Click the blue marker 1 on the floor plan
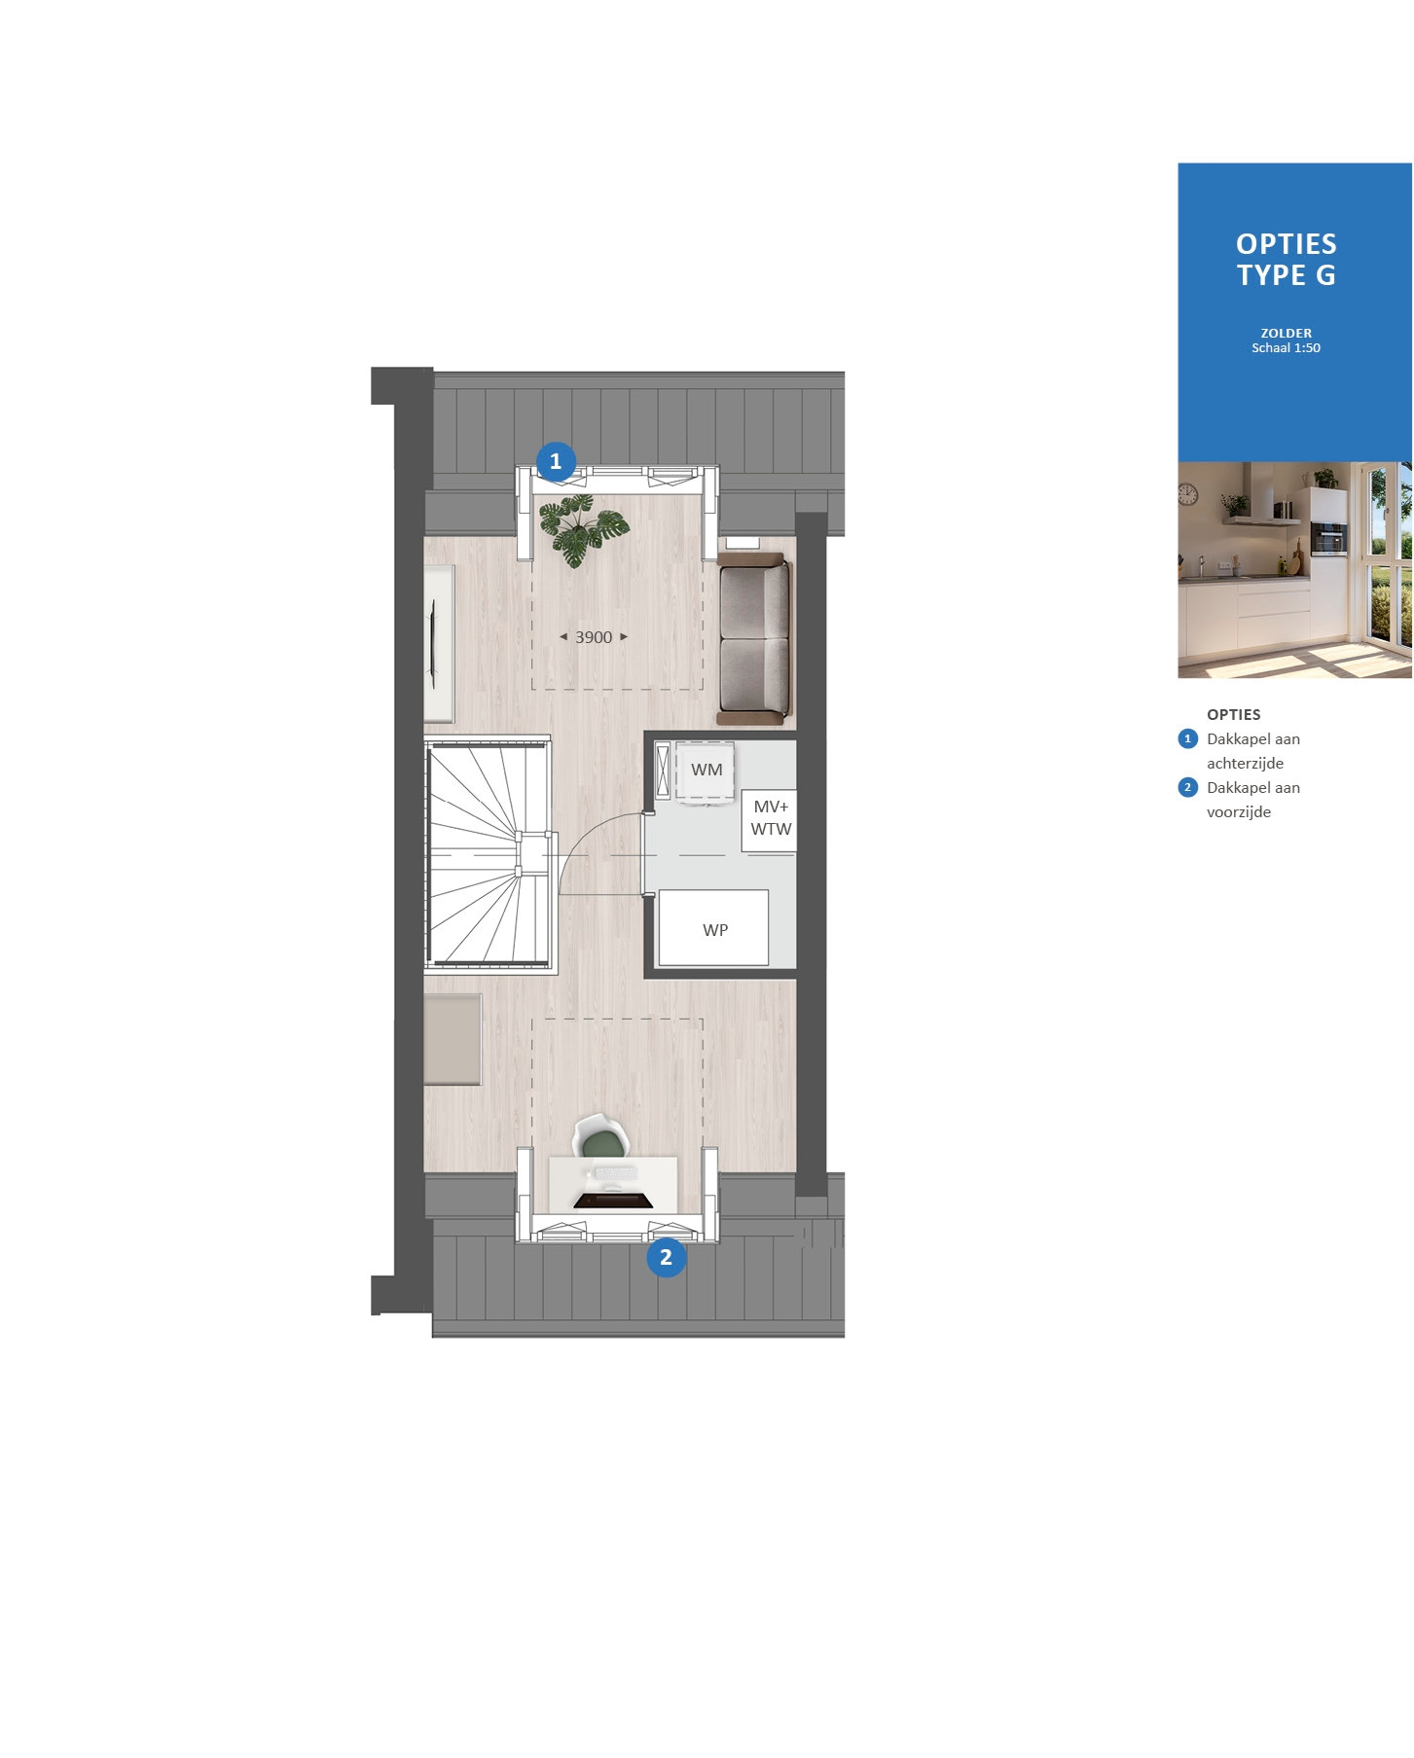point(556,461)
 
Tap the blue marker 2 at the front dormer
point(667,1257)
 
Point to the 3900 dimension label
point(594,637)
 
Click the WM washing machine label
point(707,770)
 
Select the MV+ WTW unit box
point(769,820)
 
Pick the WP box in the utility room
point(713,927)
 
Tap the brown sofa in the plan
point(754,638)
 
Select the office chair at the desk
point(601,1136)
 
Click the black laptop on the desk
point(612,1200)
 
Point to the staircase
point(489,854)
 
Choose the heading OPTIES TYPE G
point(1287,260)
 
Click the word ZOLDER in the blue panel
point(1287,333)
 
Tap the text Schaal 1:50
point(1287,348)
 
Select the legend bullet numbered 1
point(1187,738)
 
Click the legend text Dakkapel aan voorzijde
point(1253,800)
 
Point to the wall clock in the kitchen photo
point(1188,494)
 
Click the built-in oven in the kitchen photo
point(1328,538)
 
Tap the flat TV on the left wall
point(433,644)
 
